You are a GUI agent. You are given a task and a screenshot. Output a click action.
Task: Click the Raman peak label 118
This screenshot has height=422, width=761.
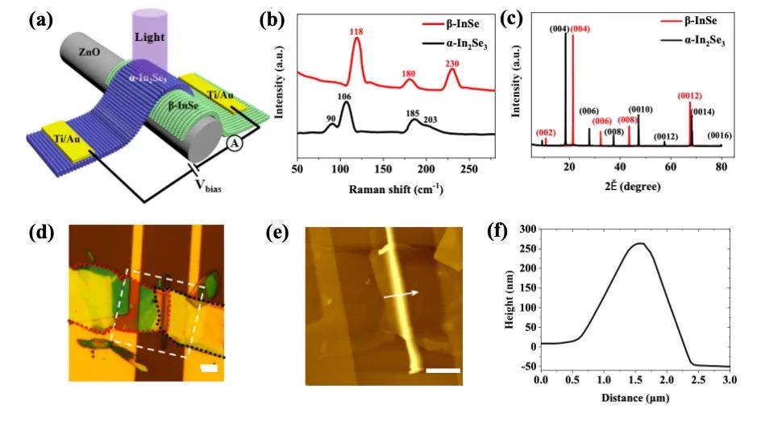[356, 31]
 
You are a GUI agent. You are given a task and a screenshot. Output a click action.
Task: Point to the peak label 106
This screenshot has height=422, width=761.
[344, 97]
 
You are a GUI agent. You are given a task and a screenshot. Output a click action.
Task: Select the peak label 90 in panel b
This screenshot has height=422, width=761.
[331, 118]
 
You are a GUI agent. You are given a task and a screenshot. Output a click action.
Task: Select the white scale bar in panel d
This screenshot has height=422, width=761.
[206, 368]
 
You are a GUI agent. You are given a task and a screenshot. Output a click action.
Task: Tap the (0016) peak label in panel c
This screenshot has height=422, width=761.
[719, 135]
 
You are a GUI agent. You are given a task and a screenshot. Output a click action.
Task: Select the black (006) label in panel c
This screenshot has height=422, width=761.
[588, 111]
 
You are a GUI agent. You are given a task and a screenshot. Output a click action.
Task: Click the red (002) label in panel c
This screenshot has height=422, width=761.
[545, 132]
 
